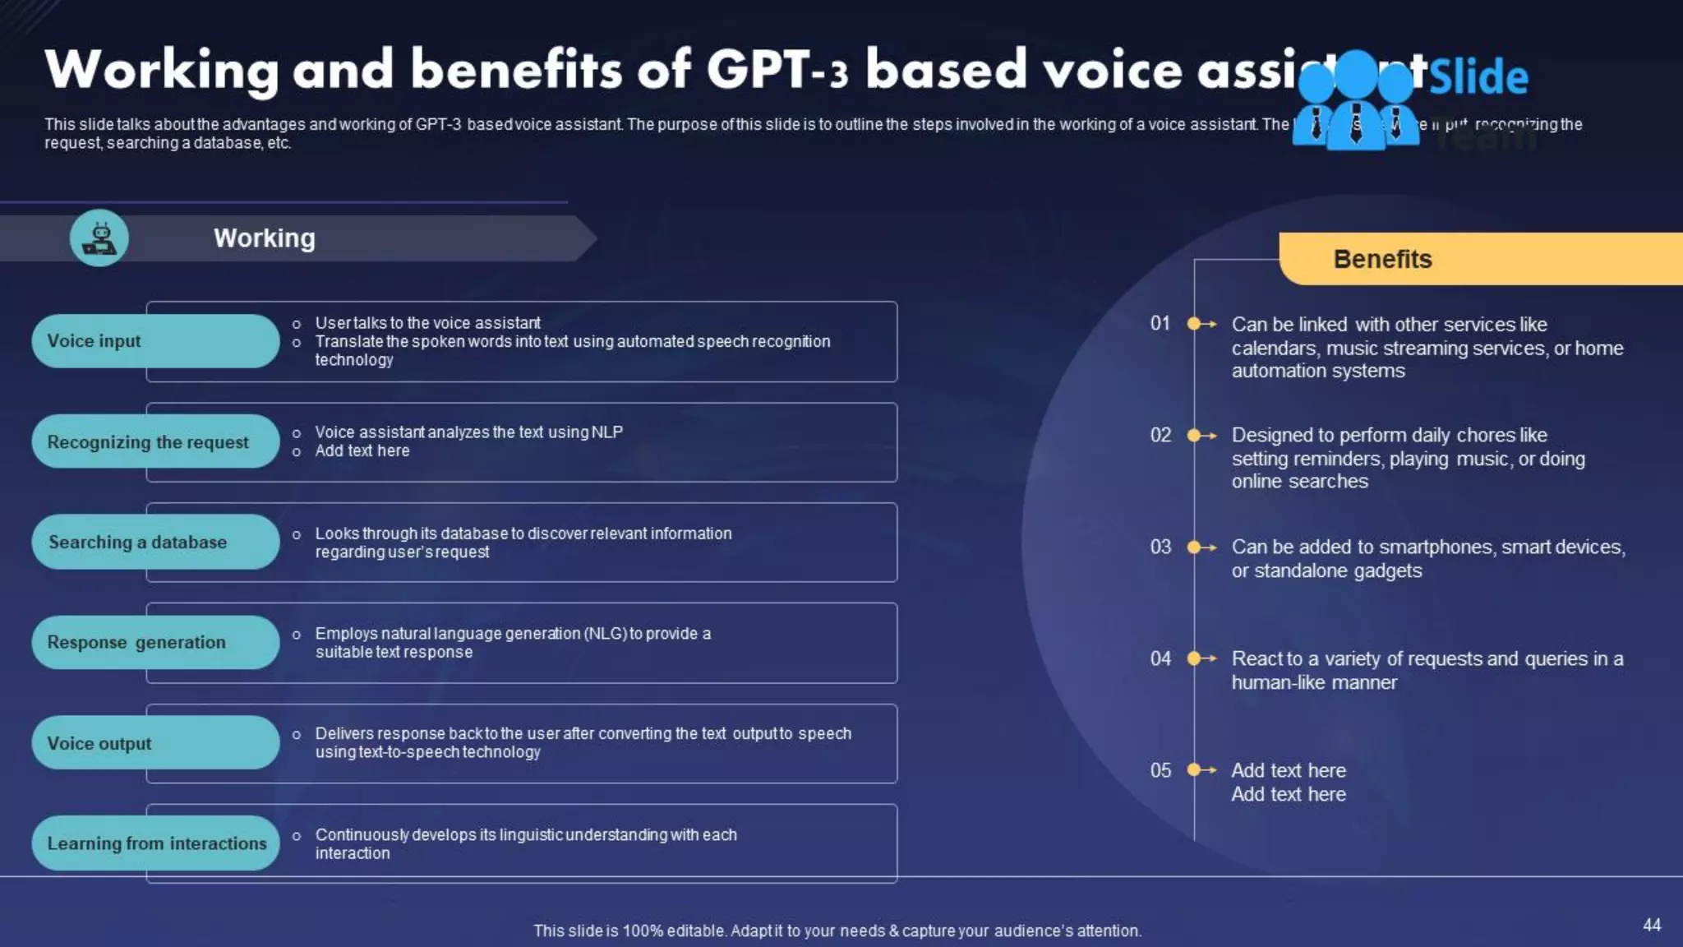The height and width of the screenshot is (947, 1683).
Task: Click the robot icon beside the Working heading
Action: (x=99, y=238)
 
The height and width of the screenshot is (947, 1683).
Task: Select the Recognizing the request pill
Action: (x=155, y=441)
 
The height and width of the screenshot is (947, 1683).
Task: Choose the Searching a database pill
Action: (x=155, y=542)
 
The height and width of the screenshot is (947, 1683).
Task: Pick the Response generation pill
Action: (x=155, y=642)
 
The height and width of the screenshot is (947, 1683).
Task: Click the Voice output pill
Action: (x=155, y=743)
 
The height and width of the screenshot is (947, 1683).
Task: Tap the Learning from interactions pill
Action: (x=155, y=843)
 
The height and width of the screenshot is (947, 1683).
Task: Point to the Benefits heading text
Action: (x=1382, y=259)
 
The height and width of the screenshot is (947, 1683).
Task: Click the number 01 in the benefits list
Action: (x=1160, y=323)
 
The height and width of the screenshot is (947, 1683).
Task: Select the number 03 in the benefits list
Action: (x=1160, y=547)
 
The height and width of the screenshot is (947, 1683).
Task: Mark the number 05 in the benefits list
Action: (x=1160, y=770)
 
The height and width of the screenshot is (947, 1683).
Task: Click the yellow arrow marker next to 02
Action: (x=1201, y=436)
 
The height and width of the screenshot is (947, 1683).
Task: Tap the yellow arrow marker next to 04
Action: (x=1201, y=658)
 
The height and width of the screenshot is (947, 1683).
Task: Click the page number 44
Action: (x=1652, y=925)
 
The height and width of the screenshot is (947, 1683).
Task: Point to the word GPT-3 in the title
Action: (x=777, y=69)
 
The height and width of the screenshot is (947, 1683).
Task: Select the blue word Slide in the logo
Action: (x=1479, y=76)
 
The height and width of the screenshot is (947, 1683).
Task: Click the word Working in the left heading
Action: (x=265, y=238)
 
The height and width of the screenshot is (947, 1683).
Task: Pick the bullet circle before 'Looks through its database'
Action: (x=297, y=534)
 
